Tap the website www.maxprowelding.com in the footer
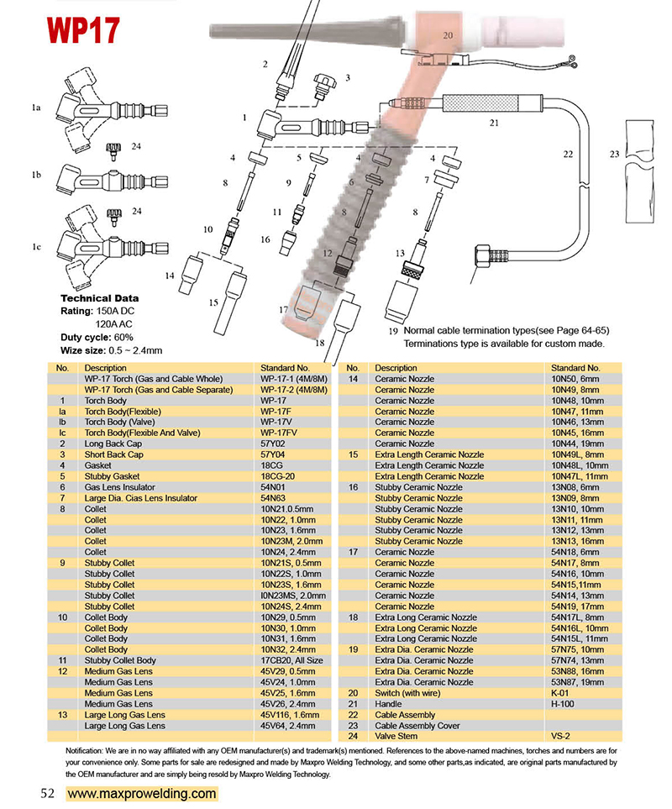coord(141,793)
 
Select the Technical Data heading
coord(100,298)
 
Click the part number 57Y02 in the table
coord(274,444)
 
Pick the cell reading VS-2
coord(561,737)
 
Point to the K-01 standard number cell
coord(560,693)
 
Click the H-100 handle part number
coord(562,704)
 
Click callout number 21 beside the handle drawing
coord(494,123)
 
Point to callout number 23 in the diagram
coord(615,154)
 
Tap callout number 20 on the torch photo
coord(448,35)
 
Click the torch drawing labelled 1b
coord(105,179)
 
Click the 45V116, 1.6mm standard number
coord(289,715)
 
